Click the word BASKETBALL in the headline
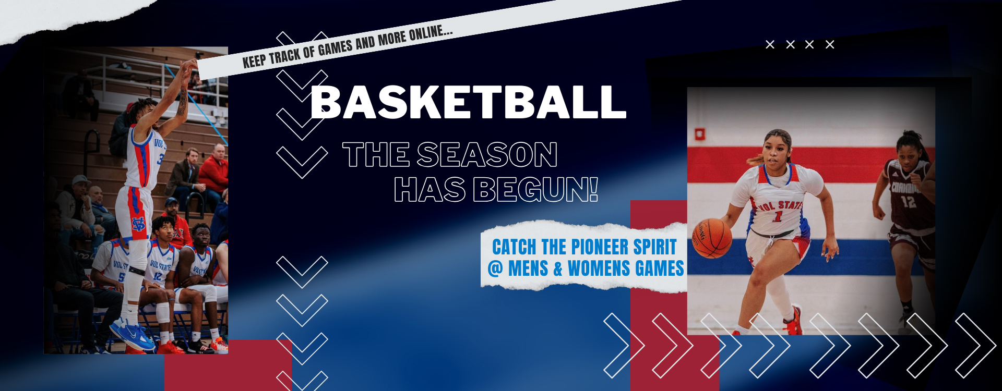click(x=468, y=102)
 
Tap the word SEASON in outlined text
click(x=487, y=155)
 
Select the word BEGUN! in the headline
click(x=535, y=189)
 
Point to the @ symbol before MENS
click(x=495, y=268)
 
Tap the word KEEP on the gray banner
click(x=254, y=61)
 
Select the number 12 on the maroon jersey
click(x=908, y=201)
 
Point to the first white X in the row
click(x=770, y=45)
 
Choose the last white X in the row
click(x=830, y=45)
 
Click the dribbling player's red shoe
click(x=793, y=321)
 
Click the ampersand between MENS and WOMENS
click(x=558, y=269)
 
